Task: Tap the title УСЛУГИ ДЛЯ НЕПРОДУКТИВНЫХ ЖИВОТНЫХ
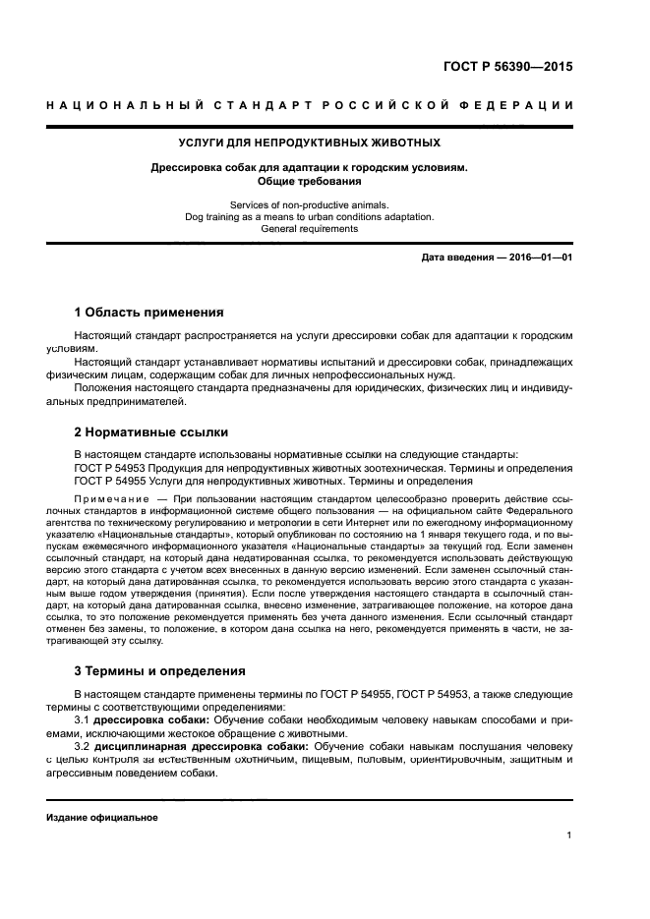click(309, 143)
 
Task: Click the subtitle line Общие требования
click(309, 181)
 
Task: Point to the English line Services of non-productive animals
click(309, 204)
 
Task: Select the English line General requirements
click(309, 228)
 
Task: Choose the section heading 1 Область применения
click(149, 313)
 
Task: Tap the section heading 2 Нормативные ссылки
click(151, 431)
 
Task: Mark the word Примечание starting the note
click(106, 499)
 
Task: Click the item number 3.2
click(83, 747)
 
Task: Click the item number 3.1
click(83, 720)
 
